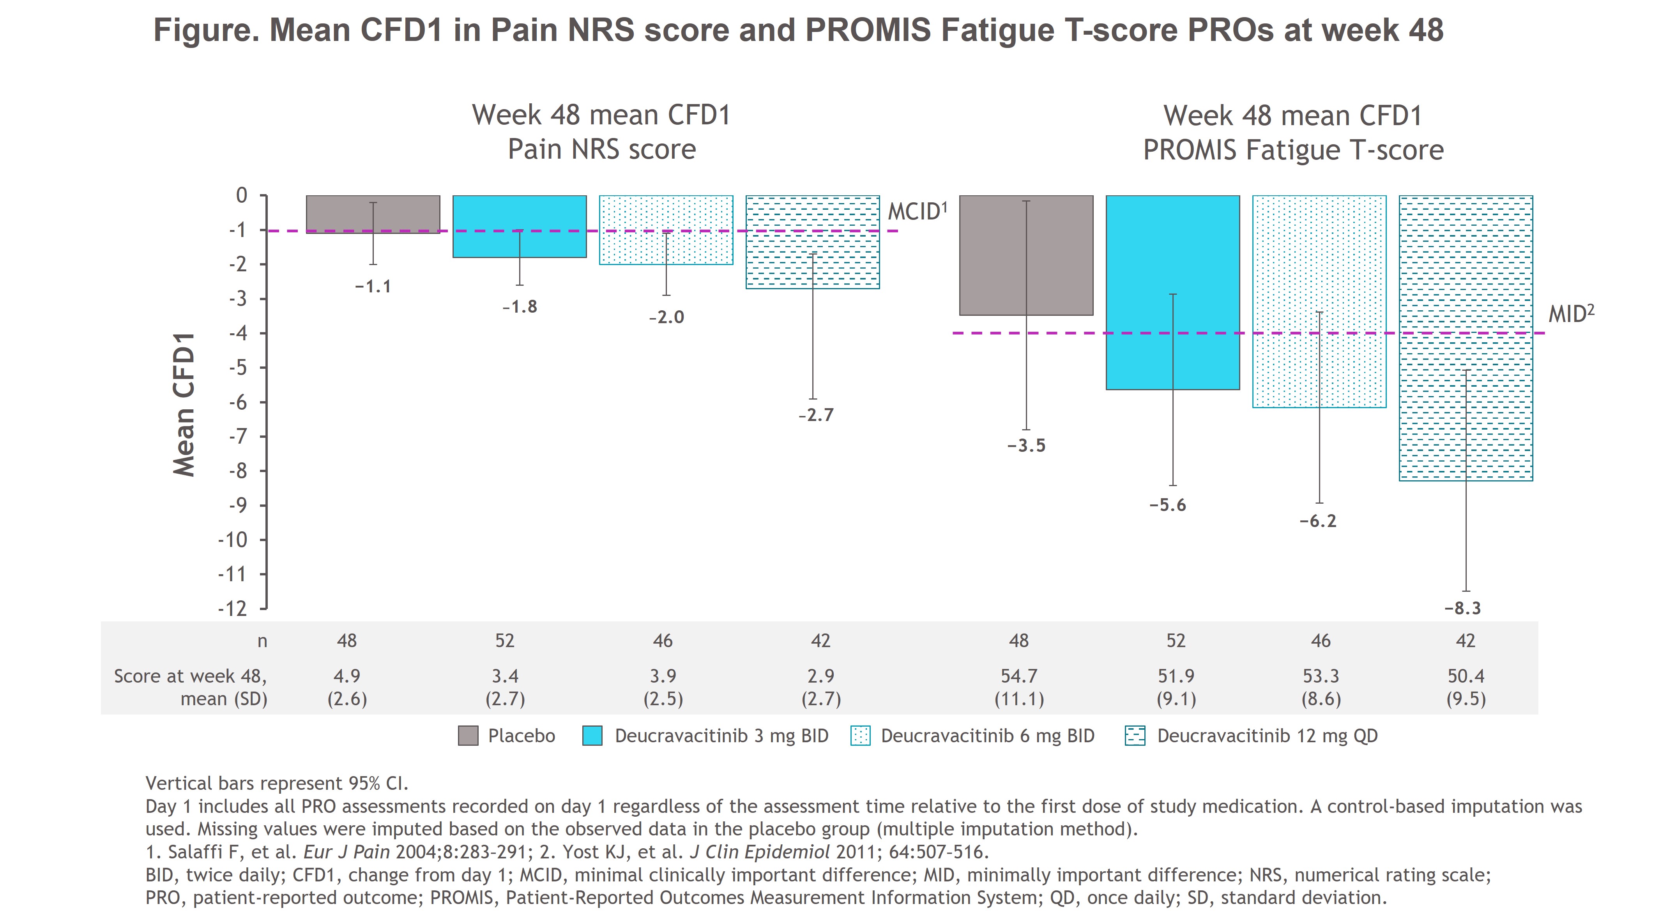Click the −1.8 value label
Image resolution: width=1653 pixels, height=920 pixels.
(x=520, y=307)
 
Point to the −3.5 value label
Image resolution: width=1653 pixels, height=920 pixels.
(x=1026, y=446)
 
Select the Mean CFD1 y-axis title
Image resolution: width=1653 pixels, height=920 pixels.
(x=184, y=405)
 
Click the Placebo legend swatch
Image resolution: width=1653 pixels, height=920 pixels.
(x=468, y=736)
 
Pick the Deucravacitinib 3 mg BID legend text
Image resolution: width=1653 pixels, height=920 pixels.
(x=721, y=736)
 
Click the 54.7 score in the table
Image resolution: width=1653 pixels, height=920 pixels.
(x=1019, y=676)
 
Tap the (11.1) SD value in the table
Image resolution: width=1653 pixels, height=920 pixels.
(x=1019, y=699)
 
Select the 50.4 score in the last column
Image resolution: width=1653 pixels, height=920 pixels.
(x=1466, y=676)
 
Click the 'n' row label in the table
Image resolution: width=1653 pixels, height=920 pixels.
(x=262, y=641)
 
